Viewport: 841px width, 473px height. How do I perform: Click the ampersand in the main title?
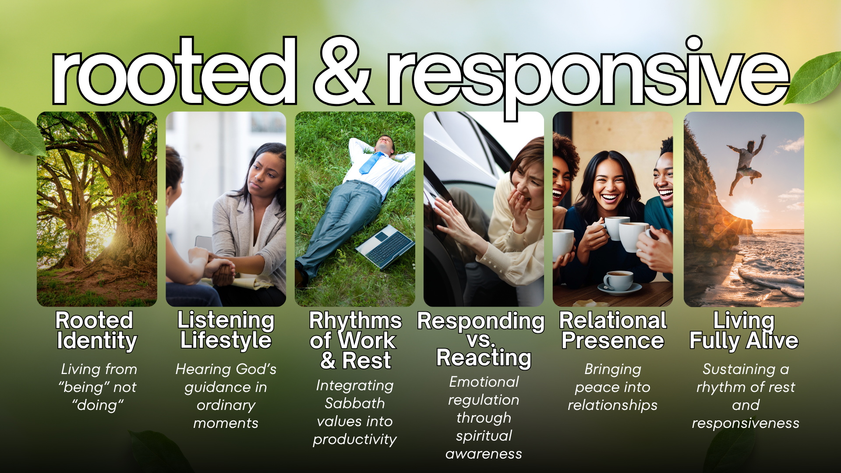(x=343, y=71)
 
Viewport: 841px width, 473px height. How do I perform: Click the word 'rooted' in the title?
(x=174, y=71)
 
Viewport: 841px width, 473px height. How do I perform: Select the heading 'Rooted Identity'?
(x=96, y=331)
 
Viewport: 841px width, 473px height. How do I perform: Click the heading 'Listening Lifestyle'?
(x=226, y=330)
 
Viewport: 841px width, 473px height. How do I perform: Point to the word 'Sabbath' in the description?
(x=355, y=403)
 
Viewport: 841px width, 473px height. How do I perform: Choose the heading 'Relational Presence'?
(x=613, y=331)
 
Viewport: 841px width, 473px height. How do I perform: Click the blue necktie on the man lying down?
(x=371, y=162)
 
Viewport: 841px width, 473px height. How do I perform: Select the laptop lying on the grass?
(x=385, y=246)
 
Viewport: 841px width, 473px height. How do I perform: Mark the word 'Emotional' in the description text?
(x=484, y=382)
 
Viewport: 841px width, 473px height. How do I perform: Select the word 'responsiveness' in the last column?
(x=746, y=424)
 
